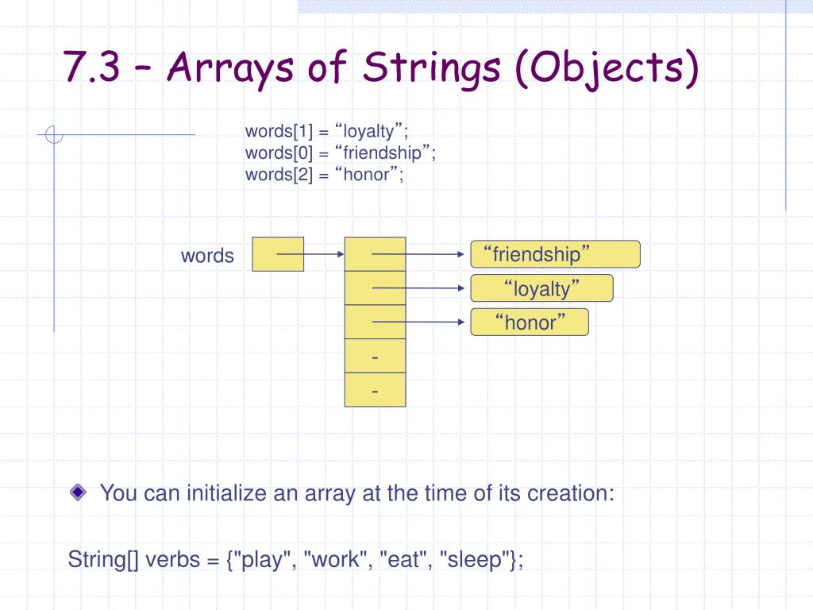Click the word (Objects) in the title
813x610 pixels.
[607, 69]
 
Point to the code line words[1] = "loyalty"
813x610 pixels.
[326, 131]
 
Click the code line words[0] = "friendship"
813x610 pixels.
[341, 152]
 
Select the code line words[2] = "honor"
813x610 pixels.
[324, 174]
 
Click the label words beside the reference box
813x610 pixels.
[207, 256]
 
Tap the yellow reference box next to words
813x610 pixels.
[278, 254]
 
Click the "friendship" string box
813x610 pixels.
[555, 254]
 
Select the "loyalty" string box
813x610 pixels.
[541, 288]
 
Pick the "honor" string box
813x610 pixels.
[530, 322]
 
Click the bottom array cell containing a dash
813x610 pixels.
[375, 391]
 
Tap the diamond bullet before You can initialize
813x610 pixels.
[77, 492]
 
